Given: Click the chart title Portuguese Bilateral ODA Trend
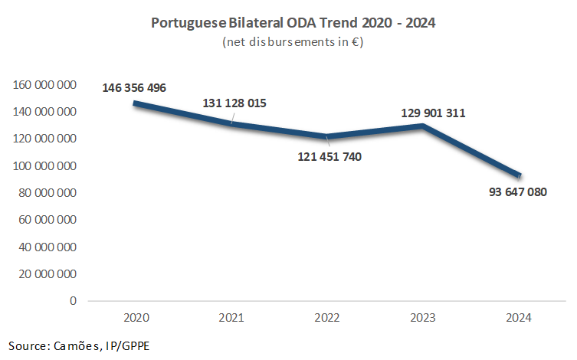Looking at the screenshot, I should [x=293, y=23].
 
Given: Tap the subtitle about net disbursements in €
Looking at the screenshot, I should [x=293, y=42].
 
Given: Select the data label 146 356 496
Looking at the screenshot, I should [x=134, y=87].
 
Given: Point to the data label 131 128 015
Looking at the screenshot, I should [x=234, y=103].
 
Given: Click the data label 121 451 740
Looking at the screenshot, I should [x=329, y=157].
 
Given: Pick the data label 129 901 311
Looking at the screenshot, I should [x=434, y=113].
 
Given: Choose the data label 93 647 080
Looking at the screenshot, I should [x=517, y=191].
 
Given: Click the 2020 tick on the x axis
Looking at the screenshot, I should [x=135, y=318].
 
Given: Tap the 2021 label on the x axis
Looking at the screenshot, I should [x=231, y=318].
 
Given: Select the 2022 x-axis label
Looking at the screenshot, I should [x=327, y=318].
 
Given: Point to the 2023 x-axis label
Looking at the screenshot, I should [x=424, y=318].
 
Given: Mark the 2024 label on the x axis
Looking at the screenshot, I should [x=520, y=318].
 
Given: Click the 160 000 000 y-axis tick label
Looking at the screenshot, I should [x=45, y=85].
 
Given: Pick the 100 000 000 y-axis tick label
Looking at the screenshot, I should [x=45, y=166].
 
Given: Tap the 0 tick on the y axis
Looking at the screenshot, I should [x=73, y=301].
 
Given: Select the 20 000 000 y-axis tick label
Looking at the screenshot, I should [x=48, y=274].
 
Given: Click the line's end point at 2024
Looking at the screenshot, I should [x=520, y=175].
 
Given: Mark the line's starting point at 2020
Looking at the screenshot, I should [x=135, y=103].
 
